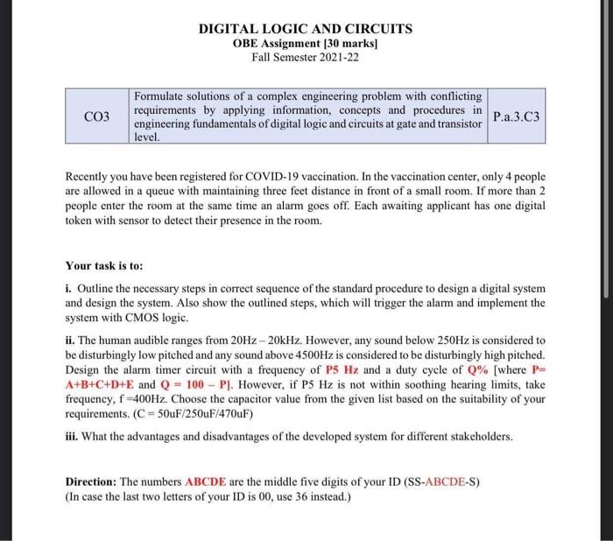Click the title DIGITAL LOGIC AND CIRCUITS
pyautogui.click(x=306, y=29)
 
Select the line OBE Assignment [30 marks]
pyautogui.click(x=306, y=44)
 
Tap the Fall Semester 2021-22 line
pyautogui.click(x=306, y=58)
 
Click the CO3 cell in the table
pyautogui.click(x=97, y=116)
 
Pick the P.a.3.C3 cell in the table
pyautogui.click(x=517, y=116)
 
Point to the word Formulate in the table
pyautogui.click(x=160, y=95)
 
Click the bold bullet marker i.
pyautogui.click(x=68, y=289)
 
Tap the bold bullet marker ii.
pyautogui.click(x=70, y=341)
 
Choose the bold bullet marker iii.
pyautogui.click(x=72, y=436)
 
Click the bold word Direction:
pyautogui.click(x=92, y=482)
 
